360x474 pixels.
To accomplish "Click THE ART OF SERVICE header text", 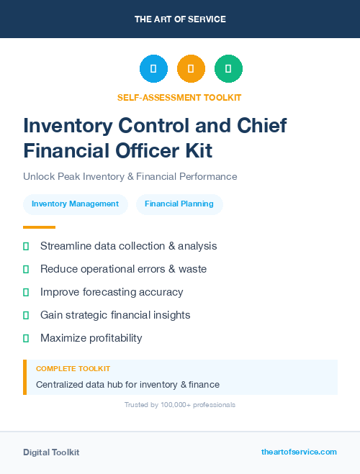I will pyautogui.click(x=180, y=19).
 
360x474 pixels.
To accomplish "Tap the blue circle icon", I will pyautogui.click(x=153, y=68).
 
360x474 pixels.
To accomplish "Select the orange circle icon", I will pyautogui.click(x=191, y=68).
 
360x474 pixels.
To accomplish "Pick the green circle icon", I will pyautogui.click(x=228, y=68).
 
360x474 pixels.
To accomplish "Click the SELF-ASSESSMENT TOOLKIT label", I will pyautogui.click(x=180, y=97).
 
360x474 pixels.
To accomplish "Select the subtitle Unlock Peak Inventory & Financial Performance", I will pyautogui.click(x=130, y=176).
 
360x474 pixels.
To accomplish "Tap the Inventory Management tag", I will pyautogui.click(x=75, y=204).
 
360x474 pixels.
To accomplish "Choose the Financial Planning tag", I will pyautogui.click(x=179, y=204).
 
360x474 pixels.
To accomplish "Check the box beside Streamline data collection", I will pyautogui.click(x=26, y=246).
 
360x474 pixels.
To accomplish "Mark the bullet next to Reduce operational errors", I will pyautogui.click(x=26, y=269).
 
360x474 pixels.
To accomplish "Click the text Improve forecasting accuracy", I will pyautogui.click(x=112, y=292).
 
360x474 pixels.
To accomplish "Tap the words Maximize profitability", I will pyautogui.click(x=91, y=338).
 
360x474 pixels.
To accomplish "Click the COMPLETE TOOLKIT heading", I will pyautogui.click(x=73, y=368).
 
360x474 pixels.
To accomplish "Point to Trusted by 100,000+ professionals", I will pyautogui.click(x=180, y=405).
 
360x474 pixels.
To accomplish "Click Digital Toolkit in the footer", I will pyautogui.click(x=51, y=452).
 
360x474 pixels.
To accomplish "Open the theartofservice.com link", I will pyautogui.click(x=299, y=452).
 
